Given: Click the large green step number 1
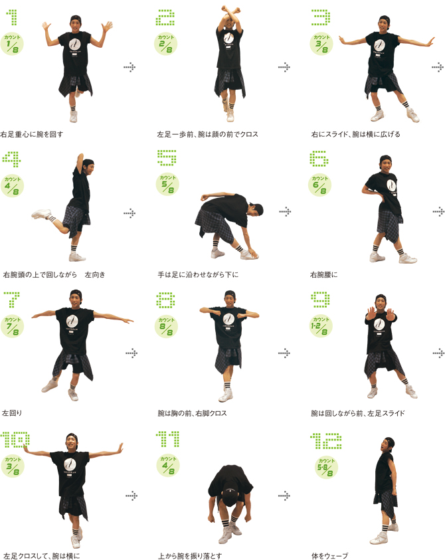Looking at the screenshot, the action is point(12,17).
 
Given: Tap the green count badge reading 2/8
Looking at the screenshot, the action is point(166,44).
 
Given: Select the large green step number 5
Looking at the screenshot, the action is point(167,158).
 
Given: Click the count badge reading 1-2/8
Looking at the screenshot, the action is point(320,326).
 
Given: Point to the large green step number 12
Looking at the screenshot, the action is point(325,441).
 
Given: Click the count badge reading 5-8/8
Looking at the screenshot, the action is point(326,467).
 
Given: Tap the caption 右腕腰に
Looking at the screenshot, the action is point(323,274).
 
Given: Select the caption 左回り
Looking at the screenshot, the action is point(12,413).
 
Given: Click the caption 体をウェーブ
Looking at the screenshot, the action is point(329,556).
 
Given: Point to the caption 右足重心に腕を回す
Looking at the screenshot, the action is point(32,134).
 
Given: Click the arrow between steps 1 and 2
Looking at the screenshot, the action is point(130,67).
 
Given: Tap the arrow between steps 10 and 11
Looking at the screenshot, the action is point(132,496).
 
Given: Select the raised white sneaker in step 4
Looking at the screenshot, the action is point(41,214).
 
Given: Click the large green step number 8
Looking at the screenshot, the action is point(165,300).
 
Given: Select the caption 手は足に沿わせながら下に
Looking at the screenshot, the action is point(198,274).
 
